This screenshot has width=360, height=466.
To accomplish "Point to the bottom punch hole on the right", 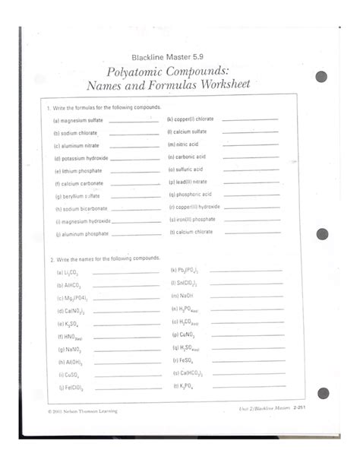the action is coord(323,393).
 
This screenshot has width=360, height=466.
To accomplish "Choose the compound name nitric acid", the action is coord(185,144).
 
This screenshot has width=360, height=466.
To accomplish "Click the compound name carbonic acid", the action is coord(189,157).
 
